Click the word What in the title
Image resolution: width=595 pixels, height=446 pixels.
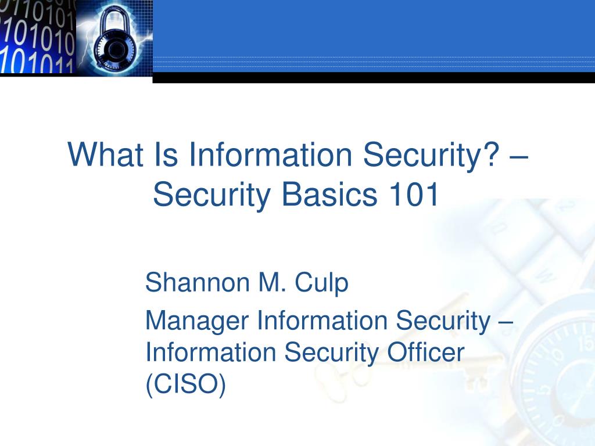click(x=106, y=154)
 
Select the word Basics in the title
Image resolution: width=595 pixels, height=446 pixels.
click(x=329, y=194)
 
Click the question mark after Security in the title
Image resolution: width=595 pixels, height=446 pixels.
click(x=492, y=153)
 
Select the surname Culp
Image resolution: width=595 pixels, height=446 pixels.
click(x=321, y=283)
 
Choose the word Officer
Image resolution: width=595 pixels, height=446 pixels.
click(x=425, y=352)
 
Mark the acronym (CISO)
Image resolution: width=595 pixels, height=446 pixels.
click(x=185, y=384)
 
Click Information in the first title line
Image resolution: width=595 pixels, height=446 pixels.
click(x=271, y=154)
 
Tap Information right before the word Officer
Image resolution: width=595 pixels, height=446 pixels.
click(x=210, y=352)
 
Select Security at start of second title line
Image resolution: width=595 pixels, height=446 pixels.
click(x=212, y=195)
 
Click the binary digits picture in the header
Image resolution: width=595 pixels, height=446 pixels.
click(x=37, y=37)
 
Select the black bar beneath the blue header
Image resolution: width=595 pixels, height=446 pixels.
click(x=374, y=77)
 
